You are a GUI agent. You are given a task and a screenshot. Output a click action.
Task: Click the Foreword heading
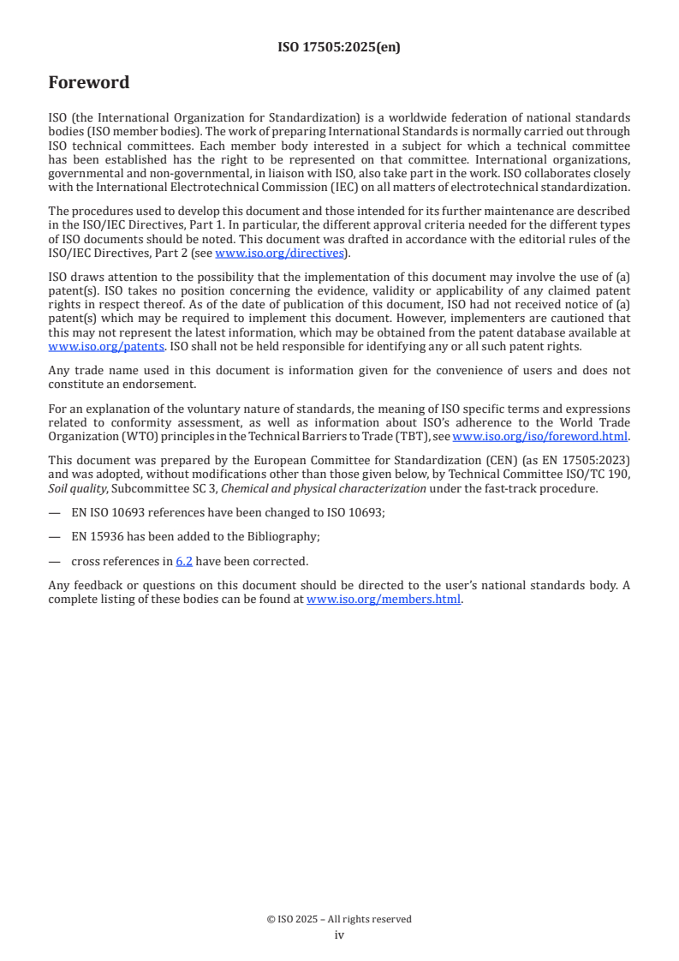pos(89,83)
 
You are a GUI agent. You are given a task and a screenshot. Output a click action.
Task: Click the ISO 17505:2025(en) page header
pos(339,48)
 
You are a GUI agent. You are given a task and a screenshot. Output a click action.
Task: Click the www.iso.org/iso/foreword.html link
pos(540,436)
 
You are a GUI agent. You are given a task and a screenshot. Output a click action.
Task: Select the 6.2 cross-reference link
pos(184,562)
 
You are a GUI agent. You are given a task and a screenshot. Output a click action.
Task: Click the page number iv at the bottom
pos(339,935)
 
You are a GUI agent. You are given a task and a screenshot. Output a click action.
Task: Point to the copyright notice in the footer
pos(339,919)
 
